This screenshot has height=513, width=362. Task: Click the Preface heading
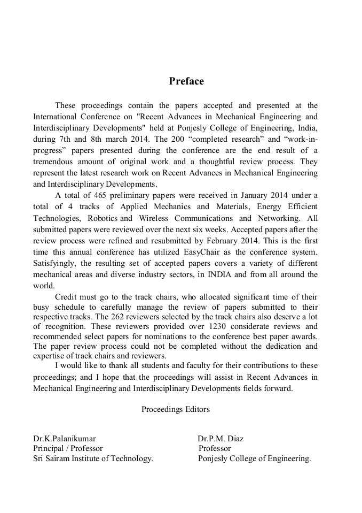(186, 81)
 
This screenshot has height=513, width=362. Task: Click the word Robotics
(103, 218)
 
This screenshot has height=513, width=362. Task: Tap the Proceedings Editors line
(176, 409)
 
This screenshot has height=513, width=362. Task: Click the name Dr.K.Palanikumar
(65, 439)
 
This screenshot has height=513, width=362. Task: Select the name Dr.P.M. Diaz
(221, 439)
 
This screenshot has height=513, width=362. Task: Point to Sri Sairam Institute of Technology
(93, 458)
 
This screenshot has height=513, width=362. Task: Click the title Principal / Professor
(68, 448)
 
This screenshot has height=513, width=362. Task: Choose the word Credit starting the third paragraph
(67, 297)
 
